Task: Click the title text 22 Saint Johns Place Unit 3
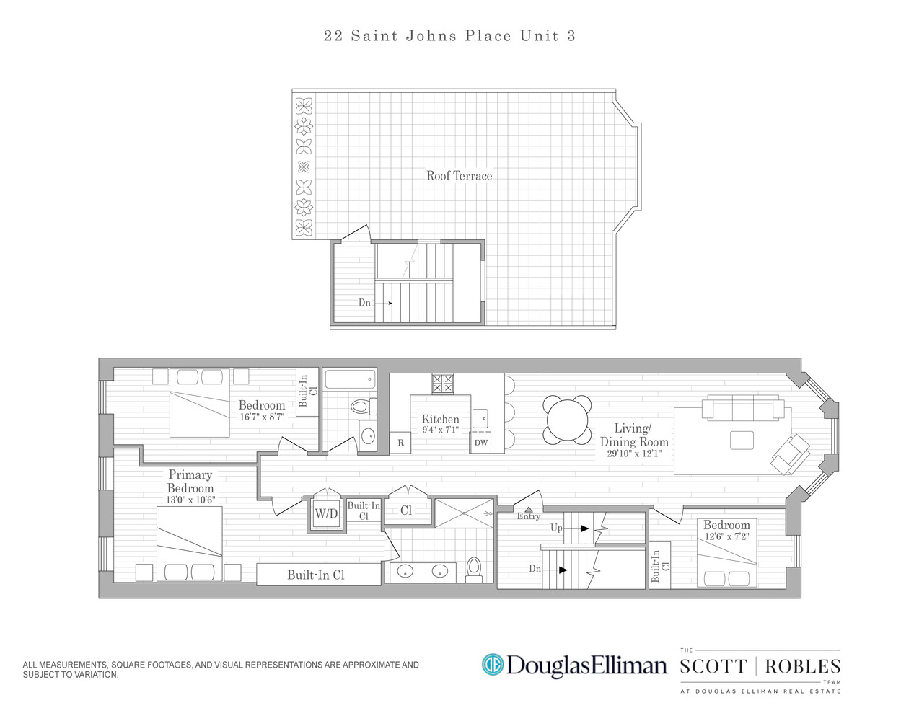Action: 449,36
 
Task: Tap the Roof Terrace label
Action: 459,176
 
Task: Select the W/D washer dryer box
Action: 326,514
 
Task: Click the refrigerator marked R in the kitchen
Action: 400,443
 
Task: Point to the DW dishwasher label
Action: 481,443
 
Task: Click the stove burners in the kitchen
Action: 442,383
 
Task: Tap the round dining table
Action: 568,420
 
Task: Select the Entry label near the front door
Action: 528,516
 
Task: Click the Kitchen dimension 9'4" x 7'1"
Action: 440,430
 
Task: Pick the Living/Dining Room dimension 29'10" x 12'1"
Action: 633,454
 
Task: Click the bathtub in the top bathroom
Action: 350,379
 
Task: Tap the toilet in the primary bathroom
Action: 474,568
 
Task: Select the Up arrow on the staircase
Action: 580,528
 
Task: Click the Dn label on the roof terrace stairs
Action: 364,303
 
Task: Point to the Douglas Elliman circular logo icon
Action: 492,664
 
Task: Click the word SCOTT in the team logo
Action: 713,666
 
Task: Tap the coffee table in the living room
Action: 742,440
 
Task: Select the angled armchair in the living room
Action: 791,454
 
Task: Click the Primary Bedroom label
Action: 190,481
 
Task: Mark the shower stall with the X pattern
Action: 464,513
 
